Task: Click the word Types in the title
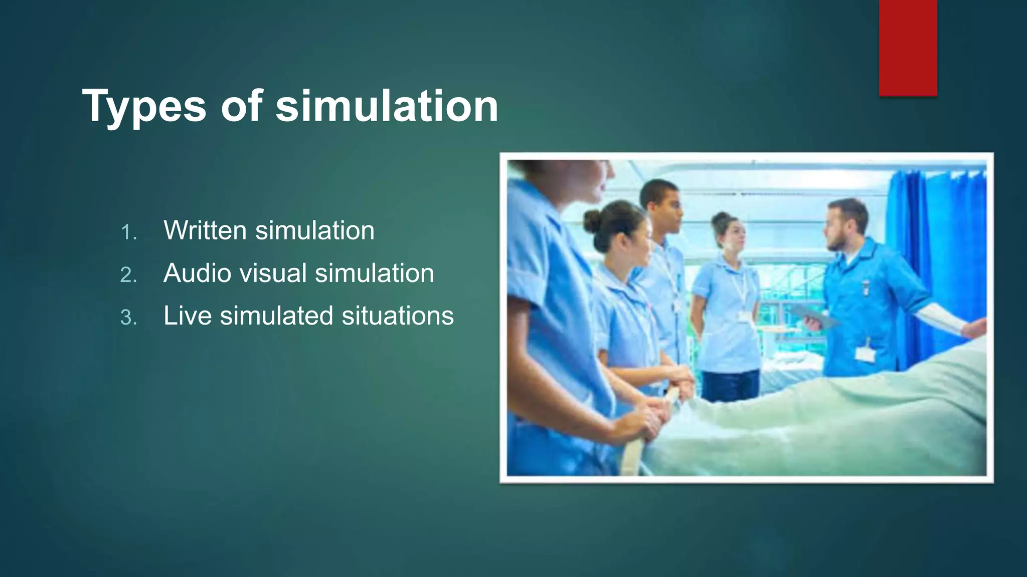tap(144, 106)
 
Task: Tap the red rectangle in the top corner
tap(908, 47)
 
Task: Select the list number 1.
tap(128, 232)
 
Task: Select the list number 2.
tap(128, 275)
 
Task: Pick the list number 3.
tap(128, 318)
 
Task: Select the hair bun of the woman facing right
tap(591, 219)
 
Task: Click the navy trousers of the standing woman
tap(730, 386)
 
